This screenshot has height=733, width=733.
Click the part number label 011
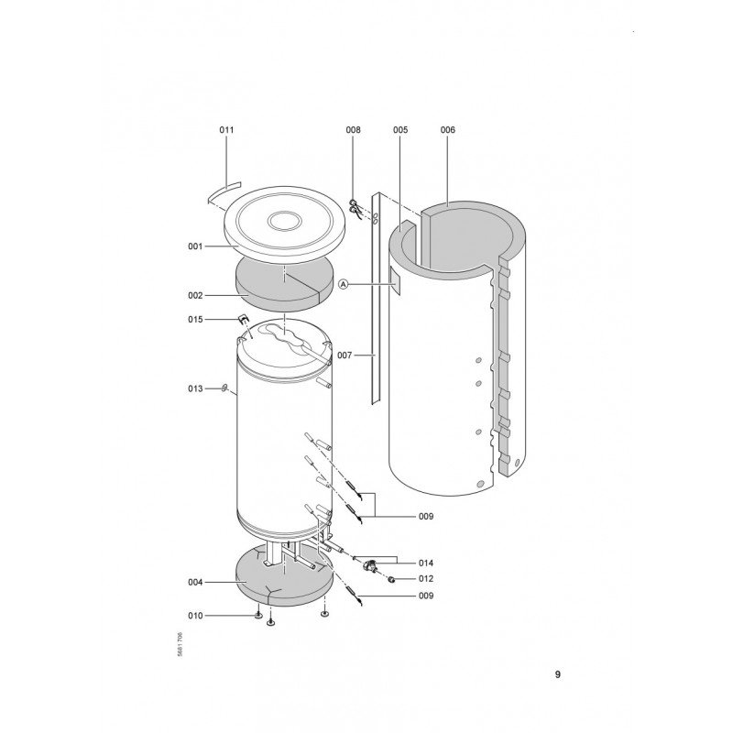(x=226, y=130)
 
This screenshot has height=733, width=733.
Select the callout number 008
(x=353, y=130)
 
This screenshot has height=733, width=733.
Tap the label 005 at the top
(x=400, y=130)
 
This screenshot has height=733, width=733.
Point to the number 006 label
(x=447, y=130)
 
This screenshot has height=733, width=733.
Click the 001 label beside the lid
(x=195, y=246)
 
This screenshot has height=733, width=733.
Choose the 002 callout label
(x=195, y=295)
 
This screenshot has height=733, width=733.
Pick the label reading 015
(x=195, y=319)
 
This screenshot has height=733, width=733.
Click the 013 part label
(x=195, y=388)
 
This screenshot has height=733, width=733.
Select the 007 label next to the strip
(x=345, y=356)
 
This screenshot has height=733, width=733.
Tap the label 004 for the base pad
(x=195, y=583)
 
